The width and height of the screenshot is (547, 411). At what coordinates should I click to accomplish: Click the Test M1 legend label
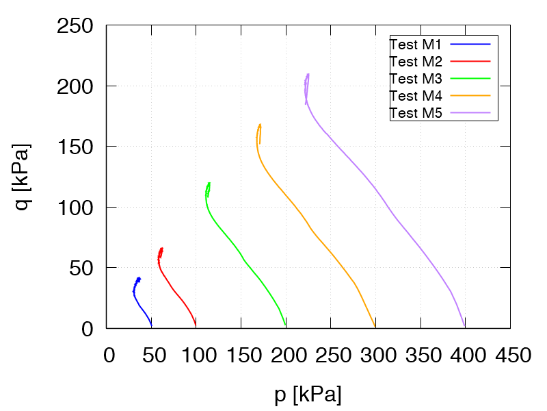(x=416, y=45)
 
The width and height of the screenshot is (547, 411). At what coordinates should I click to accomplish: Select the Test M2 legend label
(x=416, y=62)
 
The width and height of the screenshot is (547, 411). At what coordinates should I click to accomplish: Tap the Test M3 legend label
(x=416, y=79)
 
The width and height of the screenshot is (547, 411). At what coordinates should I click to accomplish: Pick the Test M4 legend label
(x=416, y=96)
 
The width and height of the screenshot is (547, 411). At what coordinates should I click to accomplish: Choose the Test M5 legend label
(x=416, y=113)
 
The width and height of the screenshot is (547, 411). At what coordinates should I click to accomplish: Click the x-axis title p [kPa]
(x=308, y=395)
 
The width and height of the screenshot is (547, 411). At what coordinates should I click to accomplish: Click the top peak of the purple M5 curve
(x=308, y=74)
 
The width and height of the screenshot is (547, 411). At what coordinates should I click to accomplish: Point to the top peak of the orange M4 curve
(x=260, y=125)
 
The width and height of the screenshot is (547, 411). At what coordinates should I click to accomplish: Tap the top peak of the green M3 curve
(x=209, y=183)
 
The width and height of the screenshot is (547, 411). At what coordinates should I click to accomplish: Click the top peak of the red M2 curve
(x=161, y=249)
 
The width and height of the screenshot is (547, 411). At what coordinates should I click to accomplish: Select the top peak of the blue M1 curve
(x=139, y=278)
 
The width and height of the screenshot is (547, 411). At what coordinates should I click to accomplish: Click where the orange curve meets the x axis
(x=375, y=327)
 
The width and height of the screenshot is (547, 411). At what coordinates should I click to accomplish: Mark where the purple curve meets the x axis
(x=464, y=327)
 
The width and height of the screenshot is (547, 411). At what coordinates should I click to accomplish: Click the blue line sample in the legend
(x=471, y=45)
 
